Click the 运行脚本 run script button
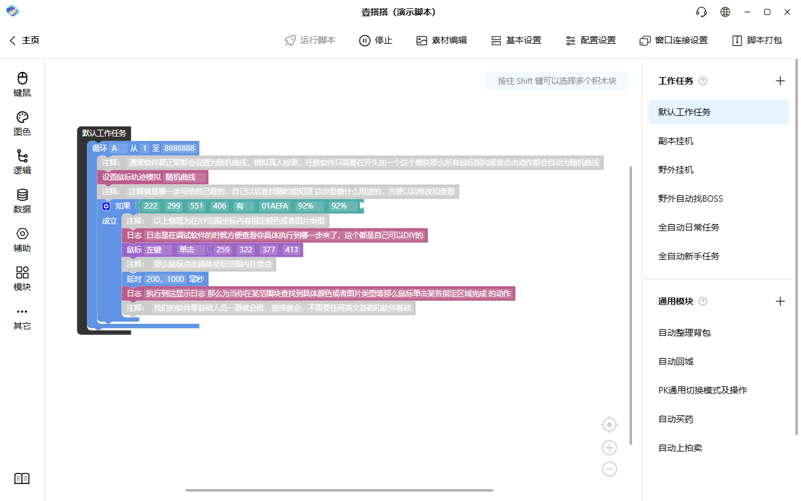click(310, 40)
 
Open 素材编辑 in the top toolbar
click(442, 40)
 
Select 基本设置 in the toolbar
click(516, 40)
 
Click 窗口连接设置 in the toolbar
click(674, 40)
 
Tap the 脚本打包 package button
click(757, 40)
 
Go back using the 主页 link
click(24, 40)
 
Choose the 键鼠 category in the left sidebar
click(22, 85)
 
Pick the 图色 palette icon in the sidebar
click(22, 117)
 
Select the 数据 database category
click(22, 201)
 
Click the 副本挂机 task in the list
click(676, 141)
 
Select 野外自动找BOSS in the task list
click(690, 199)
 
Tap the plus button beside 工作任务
click(780, 81)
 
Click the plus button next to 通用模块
click(780, 301)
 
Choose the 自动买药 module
click(676, 419)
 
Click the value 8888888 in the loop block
click(179, 148)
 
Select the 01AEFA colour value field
click(275, 206)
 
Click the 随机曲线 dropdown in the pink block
click(184, 177)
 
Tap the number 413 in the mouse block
click(292, 250)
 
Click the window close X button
click(787, 12)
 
